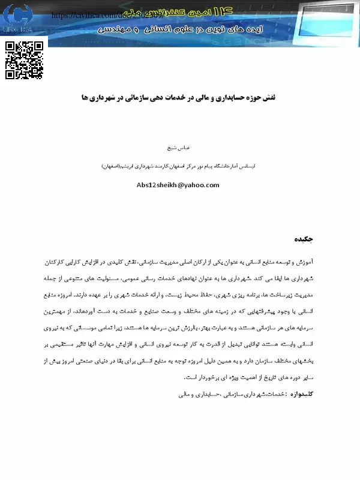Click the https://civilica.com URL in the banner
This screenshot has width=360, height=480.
tap(84, 14)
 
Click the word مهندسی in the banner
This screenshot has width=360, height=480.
tap(117, 28)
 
